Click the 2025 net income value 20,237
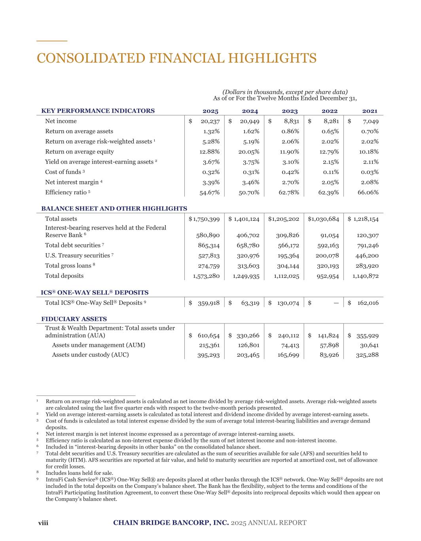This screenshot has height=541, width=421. tap(210, 121)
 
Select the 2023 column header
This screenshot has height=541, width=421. tap(290, 111)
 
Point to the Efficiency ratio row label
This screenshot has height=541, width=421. tap(66, 193)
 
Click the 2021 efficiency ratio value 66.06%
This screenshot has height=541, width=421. tap(368, 193)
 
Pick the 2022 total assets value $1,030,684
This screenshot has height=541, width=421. tap(323, 219)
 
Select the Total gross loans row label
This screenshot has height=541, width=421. tap(68, 266)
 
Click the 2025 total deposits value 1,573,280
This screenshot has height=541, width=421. tap(206, 276)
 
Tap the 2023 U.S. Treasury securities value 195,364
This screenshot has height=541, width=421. tap(286, 256)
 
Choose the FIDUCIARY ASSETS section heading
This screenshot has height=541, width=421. tap(74, 319)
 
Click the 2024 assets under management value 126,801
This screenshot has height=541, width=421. tap(248, 345)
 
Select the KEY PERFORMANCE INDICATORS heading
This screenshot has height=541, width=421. tap(98, 111)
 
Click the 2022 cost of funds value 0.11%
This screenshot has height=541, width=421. tap(330, 172)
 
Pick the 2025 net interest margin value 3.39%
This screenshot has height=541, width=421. tap(211, 182)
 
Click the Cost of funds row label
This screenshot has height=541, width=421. tap(63, 172)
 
